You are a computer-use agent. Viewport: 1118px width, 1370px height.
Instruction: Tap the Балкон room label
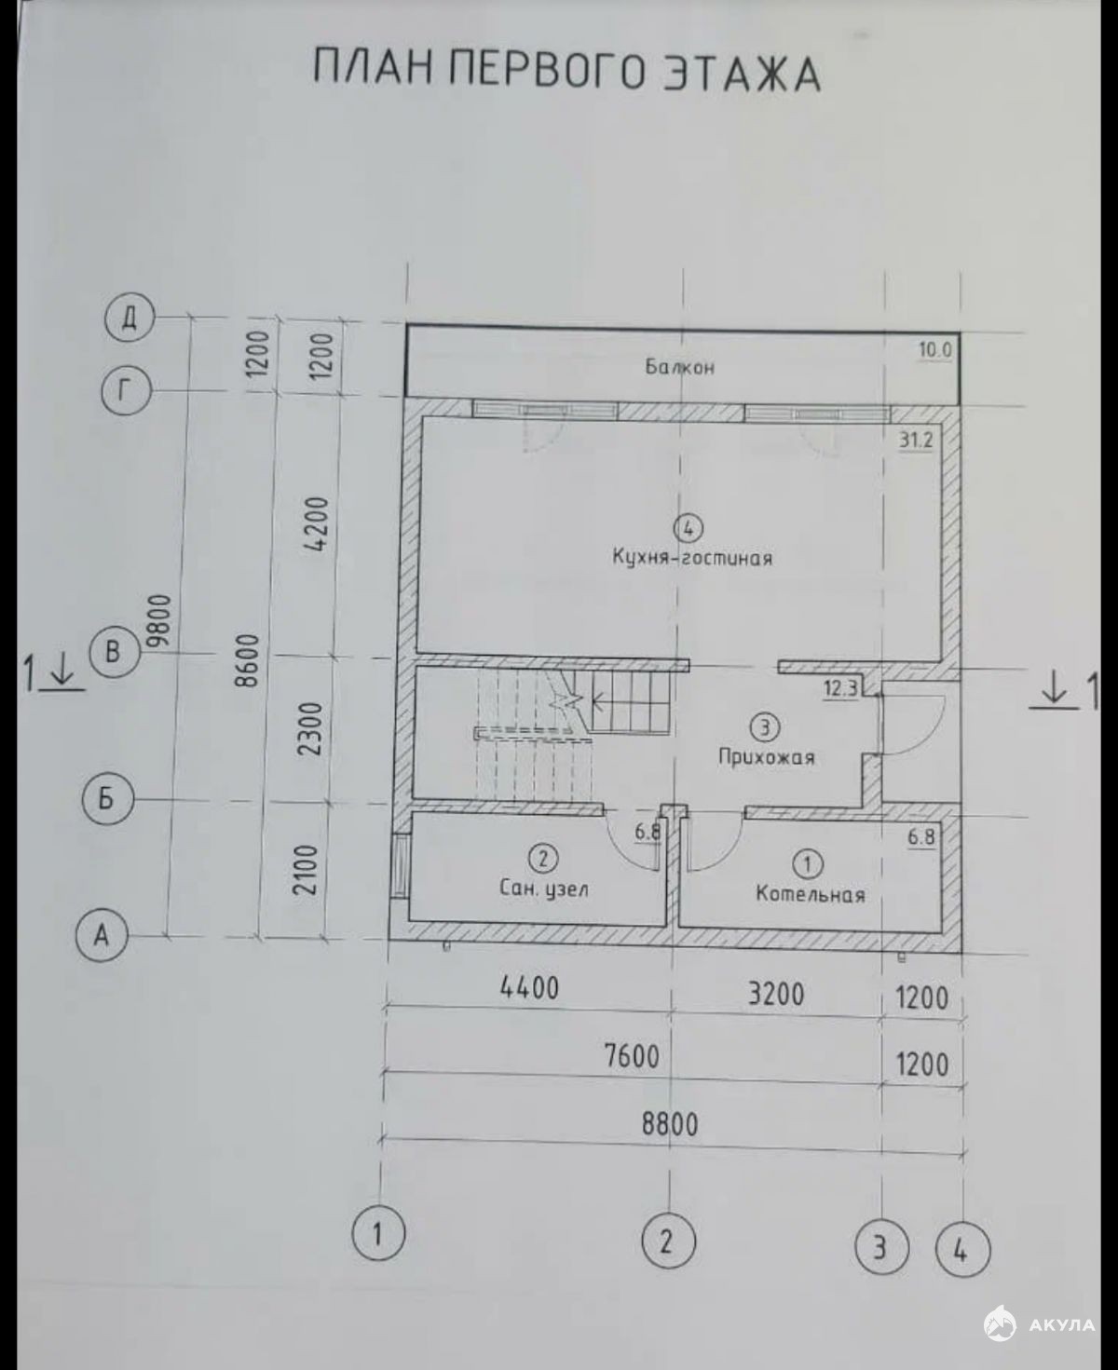[x=680, y=367]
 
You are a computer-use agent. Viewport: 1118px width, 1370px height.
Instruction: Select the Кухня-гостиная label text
[x=693, y=558]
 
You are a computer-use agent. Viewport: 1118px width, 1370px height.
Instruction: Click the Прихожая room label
[x=767, y=757]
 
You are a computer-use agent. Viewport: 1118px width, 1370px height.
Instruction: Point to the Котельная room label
[x=811, y=894]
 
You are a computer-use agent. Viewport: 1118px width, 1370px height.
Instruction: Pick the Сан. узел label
[x=544, y=888]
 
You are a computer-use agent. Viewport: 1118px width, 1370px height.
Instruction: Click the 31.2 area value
[x=916, y=441]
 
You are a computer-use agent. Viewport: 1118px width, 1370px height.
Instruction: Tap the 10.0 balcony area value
[x=935, y=351]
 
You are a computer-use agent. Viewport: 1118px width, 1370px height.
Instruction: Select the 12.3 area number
[x=841, y=687]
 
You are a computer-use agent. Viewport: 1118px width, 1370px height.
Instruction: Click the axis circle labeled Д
[x=130, y=319]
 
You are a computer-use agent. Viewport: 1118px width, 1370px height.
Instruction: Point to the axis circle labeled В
[x=114, y=652]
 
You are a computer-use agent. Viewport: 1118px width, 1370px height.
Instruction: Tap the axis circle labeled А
[x=102, y=936]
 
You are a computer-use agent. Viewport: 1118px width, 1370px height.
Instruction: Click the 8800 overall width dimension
[x=670, y=1123]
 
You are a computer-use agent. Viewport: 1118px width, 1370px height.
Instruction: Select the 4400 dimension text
[x=529, y=988]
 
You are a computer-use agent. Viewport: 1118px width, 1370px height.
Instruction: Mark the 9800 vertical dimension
[x=158, y=619]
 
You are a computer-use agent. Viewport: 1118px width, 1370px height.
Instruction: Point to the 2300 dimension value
[x=311, y=728]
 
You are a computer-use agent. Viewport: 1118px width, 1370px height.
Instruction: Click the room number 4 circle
[x=689, y=528]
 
